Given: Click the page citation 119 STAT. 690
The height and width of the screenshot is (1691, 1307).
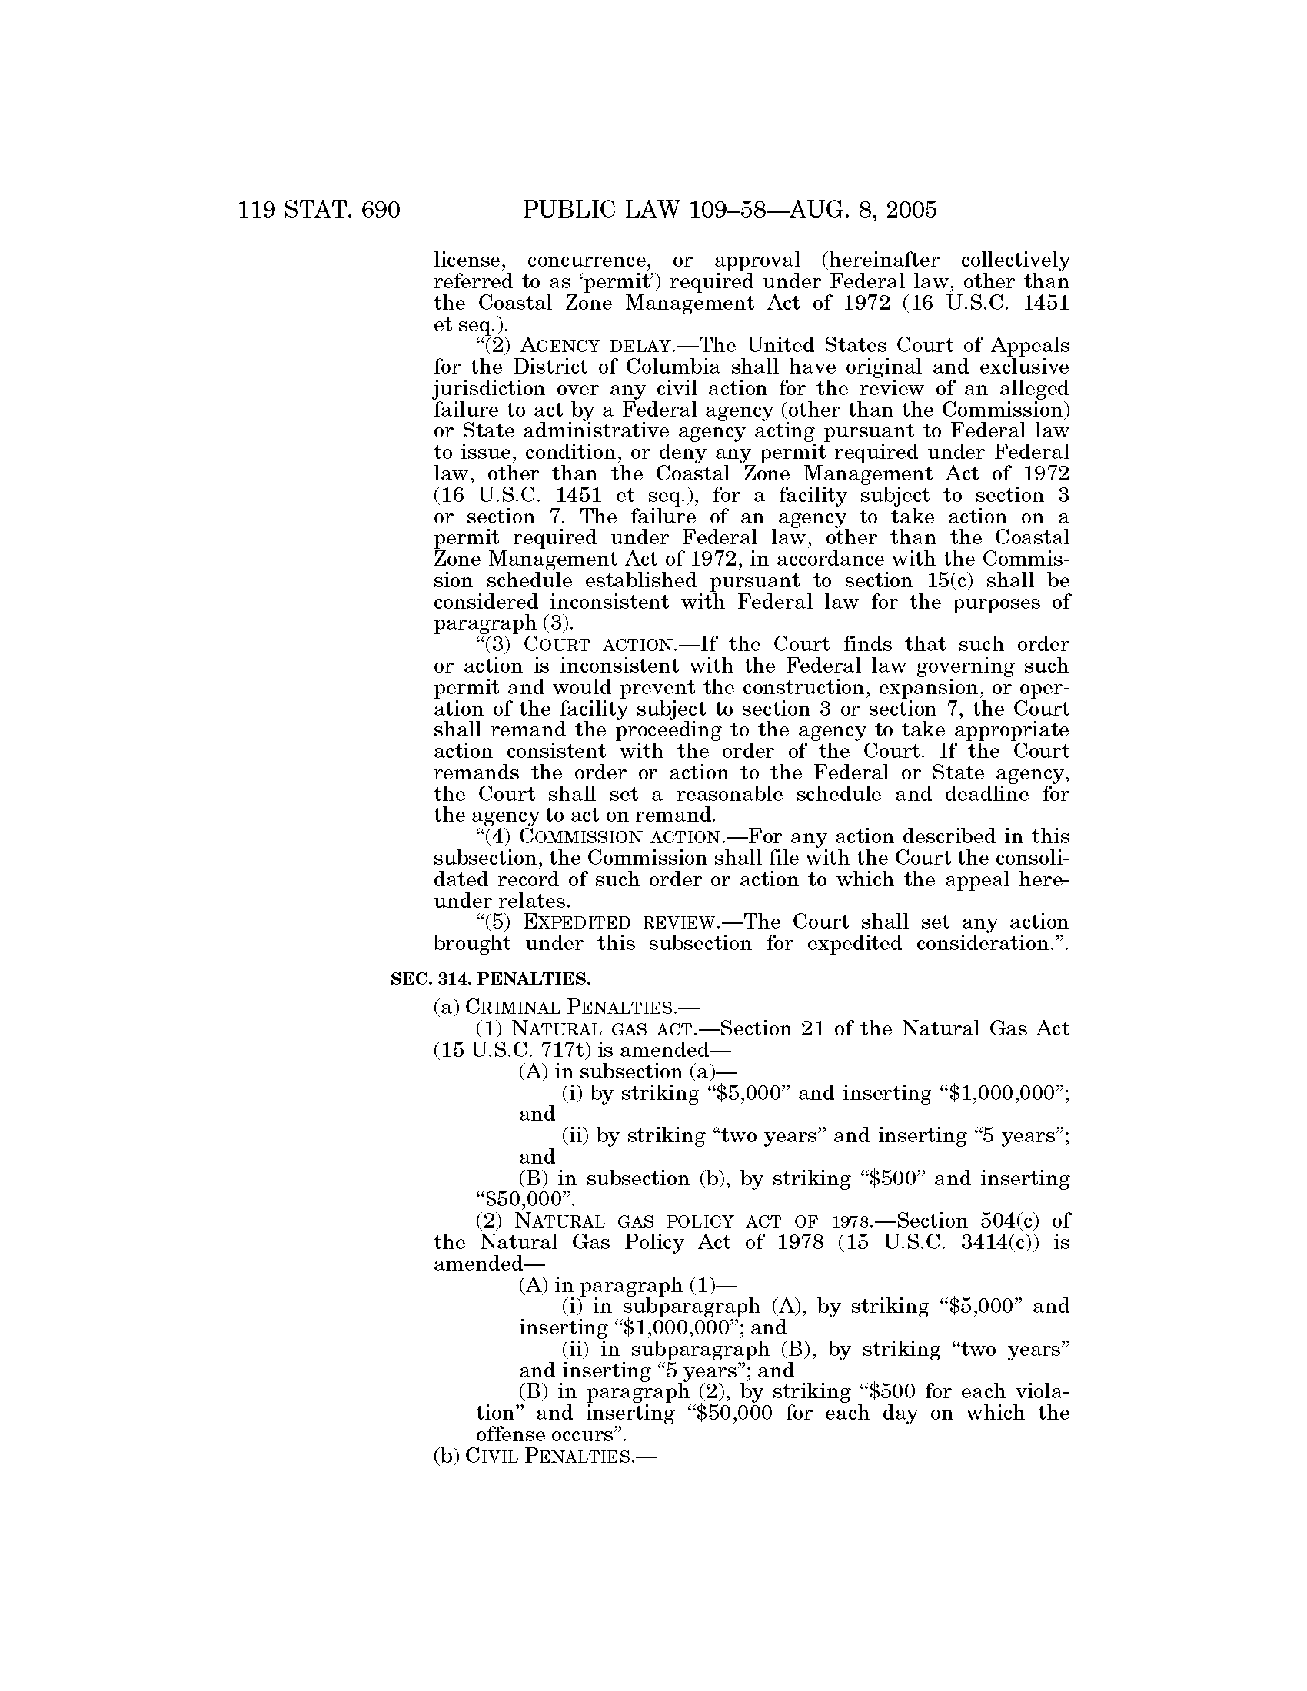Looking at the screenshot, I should click(x=319, y=209).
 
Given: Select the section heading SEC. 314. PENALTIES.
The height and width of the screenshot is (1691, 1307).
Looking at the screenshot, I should click(x=491, y=978).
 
